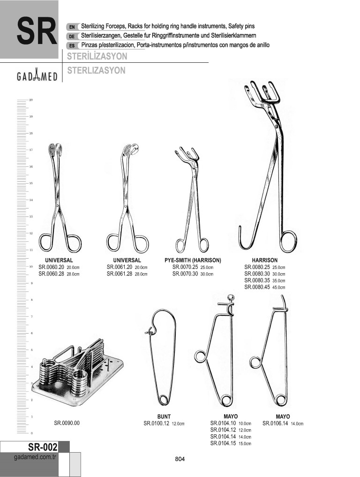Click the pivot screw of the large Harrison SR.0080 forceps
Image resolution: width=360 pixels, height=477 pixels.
coord(276,125)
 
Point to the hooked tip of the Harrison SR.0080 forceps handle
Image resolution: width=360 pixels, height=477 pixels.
coord(240,228)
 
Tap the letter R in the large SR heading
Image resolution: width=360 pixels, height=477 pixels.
coord(46,31)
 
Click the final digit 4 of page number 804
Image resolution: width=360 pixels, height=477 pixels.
coord(183,459)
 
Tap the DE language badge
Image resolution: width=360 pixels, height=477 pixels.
coord(72,37)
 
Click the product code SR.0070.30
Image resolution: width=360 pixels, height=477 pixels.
coord(185,274)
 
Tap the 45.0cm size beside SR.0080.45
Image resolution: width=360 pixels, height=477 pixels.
coord(278,287)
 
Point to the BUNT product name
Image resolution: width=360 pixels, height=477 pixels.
coord(164,417)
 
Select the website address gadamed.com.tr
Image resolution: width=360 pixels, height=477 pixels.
coord(36,457)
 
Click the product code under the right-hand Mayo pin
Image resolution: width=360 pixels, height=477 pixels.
coord(275,423)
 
